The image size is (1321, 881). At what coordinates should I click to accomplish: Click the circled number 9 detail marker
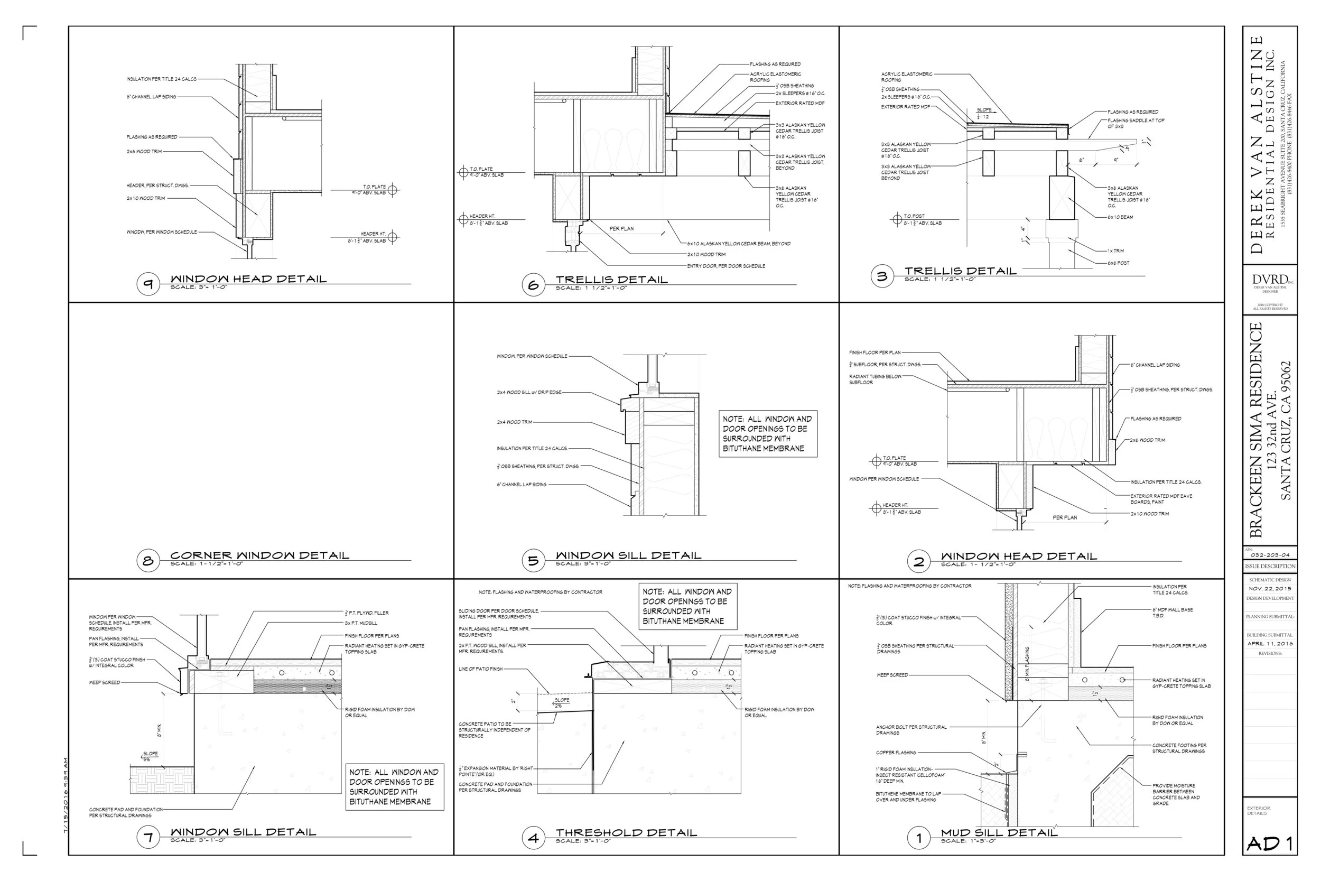coord(148,284)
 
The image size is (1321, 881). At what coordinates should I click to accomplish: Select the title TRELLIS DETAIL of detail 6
coord(612,279)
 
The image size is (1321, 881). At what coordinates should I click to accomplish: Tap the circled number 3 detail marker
coord(882,276)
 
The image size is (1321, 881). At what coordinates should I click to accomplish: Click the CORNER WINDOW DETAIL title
coord(259,555)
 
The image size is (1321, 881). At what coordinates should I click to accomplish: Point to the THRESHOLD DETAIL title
coord(626,833)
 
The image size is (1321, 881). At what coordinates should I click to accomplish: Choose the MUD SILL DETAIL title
coord(999,833)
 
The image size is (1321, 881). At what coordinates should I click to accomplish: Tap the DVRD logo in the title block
coord(1270,280)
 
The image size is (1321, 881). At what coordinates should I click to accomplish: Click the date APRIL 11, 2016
coord(1270,644)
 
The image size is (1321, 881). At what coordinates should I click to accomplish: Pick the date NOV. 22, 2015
coord(1270,589)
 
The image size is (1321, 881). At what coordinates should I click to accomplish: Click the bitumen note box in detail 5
coord(768,434)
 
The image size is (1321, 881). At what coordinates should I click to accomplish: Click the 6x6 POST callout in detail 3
coord(1118,263)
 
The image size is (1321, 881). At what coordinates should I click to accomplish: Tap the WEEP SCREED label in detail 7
coord(105,682)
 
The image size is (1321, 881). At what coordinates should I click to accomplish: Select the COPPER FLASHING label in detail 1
coord(896,753)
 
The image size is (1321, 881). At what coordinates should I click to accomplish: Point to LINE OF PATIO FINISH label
coord(480,669)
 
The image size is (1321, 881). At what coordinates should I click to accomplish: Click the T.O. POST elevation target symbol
coord(897,219)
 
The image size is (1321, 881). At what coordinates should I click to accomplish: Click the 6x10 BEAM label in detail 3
coord(1120,217)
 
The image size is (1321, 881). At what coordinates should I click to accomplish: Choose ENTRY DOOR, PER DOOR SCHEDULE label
coord(725,266)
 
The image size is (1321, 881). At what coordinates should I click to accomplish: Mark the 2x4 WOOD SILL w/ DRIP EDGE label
coord(528,392)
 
